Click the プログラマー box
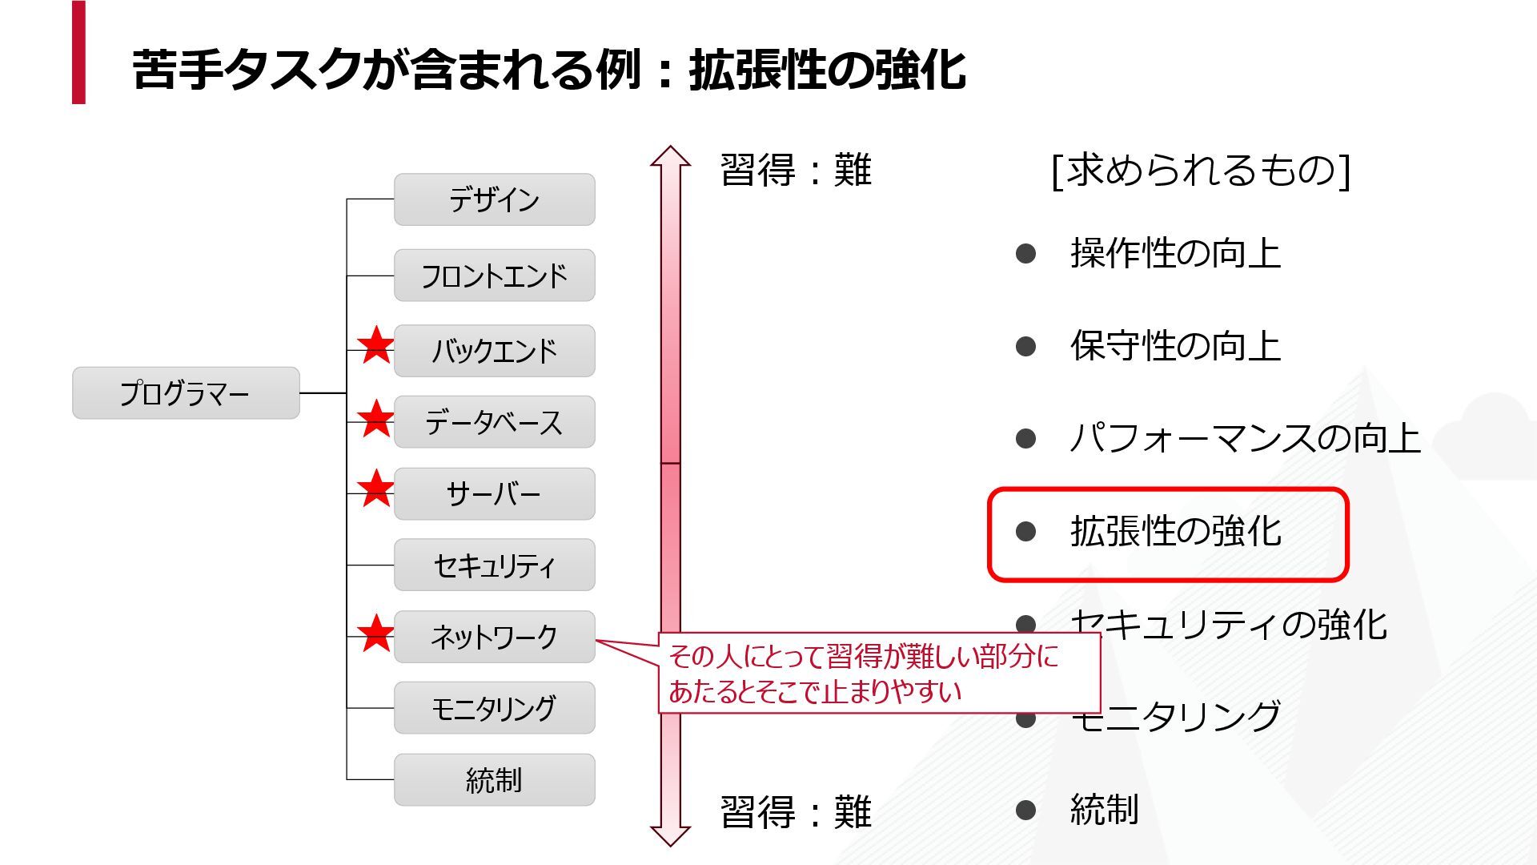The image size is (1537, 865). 186,393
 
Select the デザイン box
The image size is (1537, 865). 494,199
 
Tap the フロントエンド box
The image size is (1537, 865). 494,276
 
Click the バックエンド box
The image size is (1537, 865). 494,351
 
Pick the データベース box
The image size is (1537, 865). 494,422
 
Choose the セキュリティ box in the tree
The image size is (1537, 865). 494,565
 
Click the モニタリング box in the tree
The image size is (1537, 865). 494,708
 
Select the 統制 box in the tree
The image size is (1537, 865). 494,779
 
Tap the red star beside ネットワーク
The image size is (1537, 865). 375,634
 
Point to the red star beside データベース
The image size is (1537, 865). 375,419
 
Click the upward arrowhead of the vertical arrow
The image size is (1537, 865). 670,156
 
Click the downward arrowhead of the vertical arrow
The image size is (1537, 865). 670,835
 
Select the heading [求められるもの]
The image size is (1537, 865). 1201,170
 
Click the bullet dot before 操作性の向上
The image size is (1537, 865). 1025,254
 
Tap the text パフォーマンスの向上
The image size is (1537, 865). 1245,438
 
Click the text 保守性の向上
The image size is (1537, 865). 1175,346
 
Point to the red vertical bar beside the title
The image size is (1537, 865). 78,52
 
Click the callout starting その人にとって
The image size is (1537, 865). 878,674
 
